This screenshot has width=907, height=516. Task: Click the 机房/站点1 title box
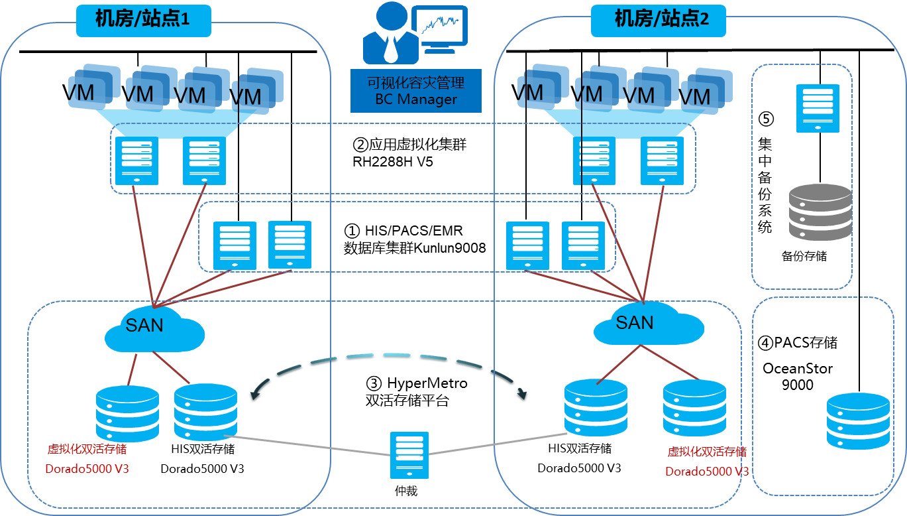143,21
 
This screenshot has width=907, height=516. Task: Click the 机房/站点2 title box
658,21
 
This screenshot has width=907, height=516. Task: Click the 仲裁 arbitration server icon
409,455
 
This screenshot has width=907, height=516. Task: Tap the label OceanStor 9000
798,376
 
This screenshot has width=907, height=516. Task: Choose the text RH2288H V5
394,161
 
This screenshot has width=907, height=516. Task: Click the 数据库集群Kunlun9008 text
415,248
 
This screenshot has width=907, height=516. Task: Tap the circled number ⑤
766,119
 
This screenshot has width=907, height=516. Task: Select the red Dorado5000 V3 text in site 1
87,470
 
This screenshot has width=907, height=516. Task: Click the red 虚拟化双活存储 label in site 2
707,452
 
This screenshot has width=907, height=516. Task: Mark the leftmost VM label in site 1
78,92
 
